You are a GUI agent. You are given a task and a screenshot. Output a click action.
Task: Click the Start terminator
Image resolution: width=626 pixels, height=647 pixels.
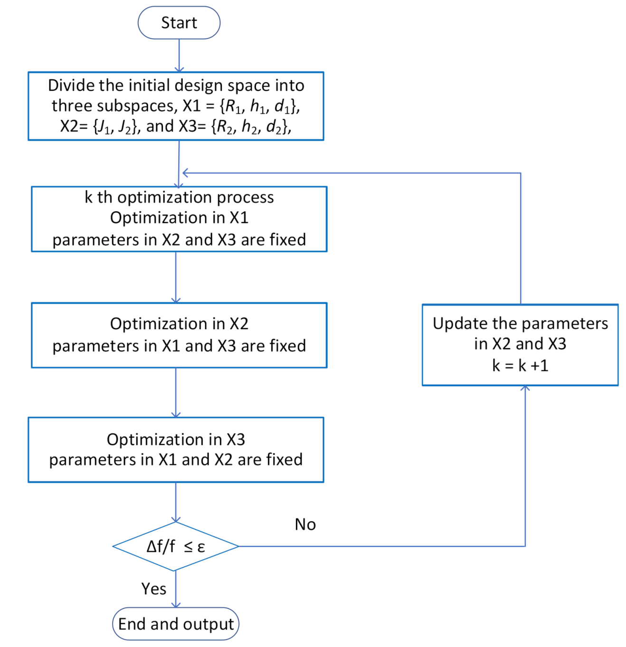[x=179, y=23]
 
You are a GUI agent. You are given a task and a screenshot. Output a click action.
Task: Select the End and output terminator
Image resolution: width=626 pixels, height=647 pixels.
[x=176, y=624]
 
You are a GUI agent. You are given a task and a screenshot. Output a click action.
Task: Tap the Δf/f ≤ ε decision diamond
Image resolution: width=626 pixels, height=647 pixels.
[x=176, y=546]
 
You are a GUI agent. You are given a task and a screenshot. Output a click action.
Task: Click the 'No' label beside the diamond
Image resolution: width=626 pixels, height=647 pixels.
[x=305, y=524]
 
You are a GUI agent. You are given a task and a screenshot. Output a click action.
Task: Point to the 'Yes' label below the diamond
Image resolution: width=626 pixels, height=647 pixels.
[x=153, y=589]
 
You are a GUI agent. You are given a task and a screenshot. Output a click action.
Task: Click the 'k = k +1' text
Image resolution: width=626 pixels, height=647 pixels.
[x=520, y=366]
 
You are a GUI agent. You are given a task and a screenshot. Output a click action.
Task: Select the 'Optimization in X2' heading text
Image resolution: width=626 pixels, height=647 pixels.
[x=179, y=324]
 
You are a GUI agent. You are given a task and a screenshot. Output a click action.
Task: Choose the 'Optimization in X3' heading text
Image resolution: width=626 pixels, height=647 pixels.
[x=176, y=439]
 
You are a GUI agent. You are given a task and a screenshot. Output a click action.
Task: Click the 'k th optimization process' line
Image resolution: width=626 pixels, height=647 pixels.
[x=179, y=197]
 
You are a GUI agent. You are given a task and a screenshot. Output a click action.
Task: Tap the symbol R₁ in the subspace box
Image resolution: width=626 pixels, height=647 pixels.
[x=233, y=106]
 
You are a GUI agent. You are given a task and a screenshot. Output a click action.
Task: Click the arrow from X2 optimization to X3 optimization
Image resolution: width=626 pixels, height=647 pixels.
[x=176, y=392]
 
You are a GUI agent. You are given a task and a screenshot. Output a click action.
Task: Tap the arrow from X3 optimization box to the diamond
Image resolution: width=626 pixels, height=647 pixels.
[x=176, y=502]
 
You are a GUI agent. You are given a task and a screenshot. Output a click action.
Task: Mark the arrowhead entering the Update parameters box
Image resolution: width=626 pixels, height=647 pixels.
[x=525, y=389]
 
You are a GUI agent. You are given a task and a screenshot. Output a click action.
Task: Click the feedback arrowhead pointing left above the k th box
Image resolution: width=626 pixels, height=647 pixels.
[x=186, y=173]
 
